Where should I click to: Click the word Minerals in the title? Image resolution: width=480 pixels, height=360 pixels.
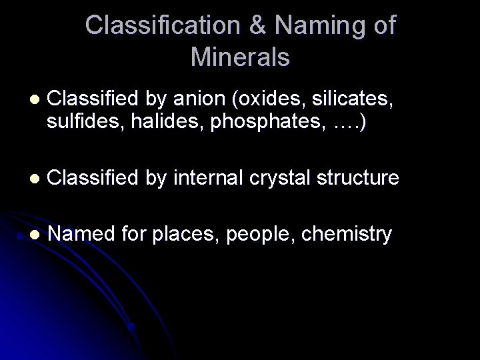click(240, 57)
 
